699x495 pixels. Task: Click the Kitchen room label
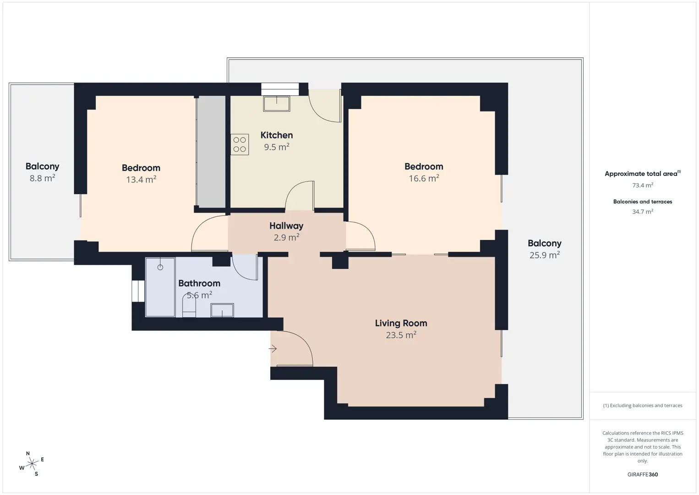click(x=277, y=135)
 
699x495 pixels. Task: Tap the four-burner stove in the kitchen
click(x=240, y=144)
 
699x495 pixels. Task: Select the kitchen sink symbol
click(x=277, y=104)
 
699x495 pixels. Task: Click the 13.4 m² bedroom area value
click(x=141, y=180)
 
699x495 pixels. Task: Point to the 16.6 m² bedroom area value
click(x=424, y=178)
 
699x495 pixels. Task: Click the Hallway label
click(x=286, y=226)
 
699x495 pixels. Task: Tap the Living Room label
click(x=401, y=323)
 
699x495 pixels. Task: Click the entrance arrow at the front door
click(x=273, y=348)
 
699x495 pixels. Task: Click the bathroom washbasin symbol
click(x=222, y=310)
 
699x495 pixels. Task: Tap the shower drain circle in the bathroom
click(x=160, y=267)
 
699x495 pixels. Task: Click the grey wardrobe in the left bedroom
click(x=211, y=152)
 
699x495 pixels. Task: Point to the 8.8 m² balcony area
click(x=43, y=178)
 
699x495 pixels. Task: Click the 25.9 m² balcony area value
click(x=545, y=255)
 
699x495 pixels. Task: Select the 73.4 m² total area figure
click(x=643, y=185)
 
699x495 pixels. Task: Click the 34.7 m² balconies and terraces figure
click(x=643, y=211)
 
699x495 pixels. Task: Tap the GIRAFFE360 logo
click(x=643, y=474)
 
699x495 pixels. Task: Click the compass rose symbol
click(x=32, y=464)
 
